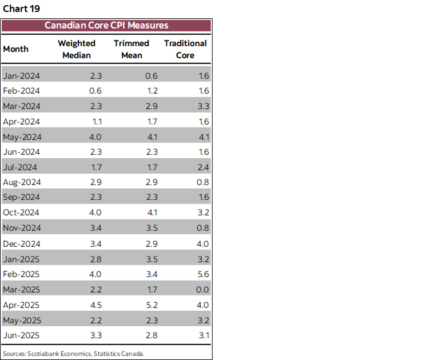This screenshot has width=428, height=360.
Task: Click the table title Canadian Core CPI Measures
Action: pos(106,26)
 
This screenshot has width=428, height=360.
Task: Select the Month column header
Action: pos(15,49)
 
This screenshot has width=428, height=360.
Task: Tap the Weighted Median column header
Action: pos(77,49)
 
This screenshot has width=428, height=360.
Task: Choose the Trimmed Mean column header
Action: pos(131,49)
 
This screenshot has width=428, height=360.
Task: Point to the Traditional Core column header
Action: pos(185,49)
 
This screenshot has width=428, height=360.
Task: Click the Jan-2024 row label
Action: pos(22,75)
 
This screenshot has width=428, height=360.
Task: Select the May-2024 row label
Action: pos(22,137)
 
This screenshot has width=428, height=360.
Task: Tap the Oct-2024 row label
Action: pos(22,213)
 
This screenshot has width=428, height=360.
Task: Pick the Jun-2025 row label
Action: pos(22,335)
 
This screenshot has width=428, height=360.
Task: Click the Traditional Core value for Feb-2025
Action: pos(202,274)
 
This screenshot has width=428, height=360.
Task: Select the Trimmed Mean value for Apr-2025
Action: pos(151,305)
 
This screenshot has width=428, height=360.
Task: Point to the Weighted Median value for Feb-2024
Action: pos(96,91)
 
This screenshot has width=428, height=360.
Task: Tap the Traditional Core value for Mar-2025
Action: pos(202,290)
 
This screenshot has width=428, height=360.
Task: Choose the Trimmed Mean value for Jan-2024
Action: pos(151,75)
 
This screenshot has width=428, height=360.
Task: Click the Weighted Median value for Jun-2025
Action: pos(96,335)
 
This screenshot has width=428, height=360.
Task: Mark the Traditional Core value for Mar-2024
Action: pos(202,106)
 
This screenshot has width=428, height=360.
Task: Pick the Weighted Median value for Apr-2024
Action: pos(96,121)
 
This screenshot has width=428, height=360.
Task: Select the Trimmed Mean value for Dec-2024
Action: pos(151,243)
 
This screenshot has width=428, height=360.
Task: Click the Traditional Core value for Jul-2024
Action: pos(202,167)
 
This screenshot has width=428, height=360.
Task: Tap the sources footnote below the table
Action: pos(73,353)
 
